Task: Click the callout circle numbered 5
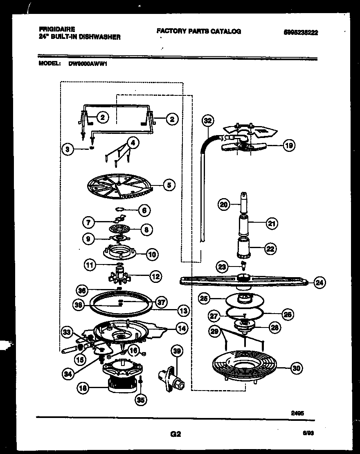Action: coord(169,185)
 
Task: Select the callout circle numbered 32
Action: coord(208,120)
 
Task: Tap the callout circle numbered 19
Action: coord(289,145)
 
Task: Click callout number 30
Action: coord(296,368)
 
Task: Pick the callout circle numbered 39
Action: coord(176,350)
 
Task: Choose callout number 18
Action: coord(83,391)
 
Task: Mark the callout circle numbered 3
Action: coord(68,149)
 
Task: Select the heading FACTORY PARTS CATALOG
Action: coord(198,31)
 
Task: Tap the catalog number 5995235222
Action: coord(300,33)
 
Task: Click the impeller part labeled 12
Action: coord(121,275)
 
